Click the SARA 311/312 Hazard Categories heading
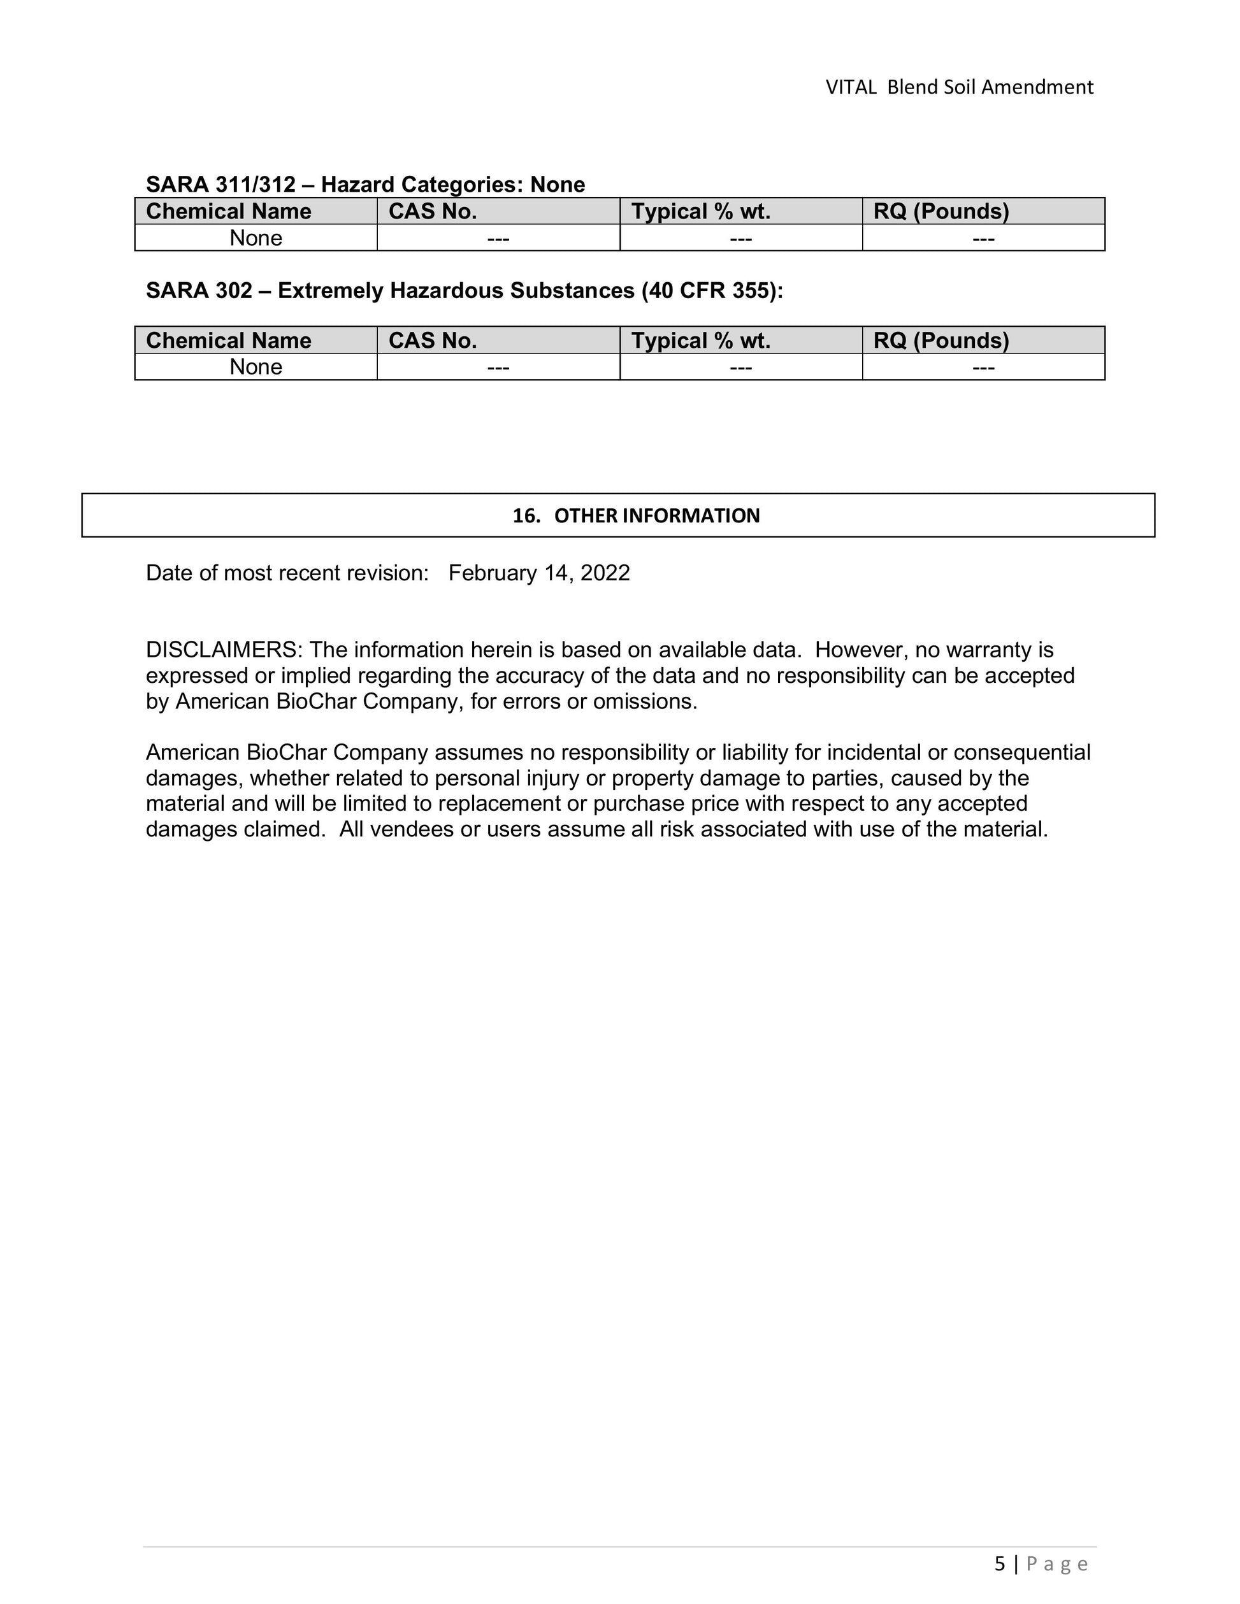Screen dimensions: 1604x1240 [365, 184]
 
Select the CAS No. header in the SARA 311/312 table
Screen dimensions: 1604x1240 [433, 211]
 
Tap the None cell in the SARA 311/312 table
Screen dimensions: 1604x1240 [256, 238]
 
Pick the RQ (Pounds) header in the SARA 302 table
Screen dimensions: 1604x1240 [941, 341]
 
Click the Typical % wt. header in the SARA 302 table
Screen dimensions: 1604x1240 [701, 341]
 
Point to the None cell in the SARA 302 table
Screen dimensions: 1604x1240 [256, 367]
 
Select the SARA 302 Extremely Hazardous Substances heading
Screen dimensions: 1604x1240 [465, 291]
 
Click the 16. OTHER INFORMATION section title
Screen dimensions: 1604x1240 [636, 515]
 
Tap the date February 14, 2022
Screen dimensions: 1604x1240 [539, 573]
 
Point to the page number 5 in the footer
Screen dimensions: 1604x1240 [1000, 1564]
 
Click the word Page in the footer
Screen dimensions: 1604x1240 [1057, 1565]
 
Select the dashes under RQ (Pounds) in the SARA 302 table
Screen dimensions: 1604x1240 [983, 367]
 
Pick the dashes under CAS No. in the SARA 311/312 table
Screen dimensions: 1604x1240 [498, 238]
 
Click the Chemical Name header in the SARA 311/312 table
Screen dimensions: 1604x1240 [229, 211]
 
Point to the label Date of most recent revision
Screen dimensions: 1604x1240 [287, 573]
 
